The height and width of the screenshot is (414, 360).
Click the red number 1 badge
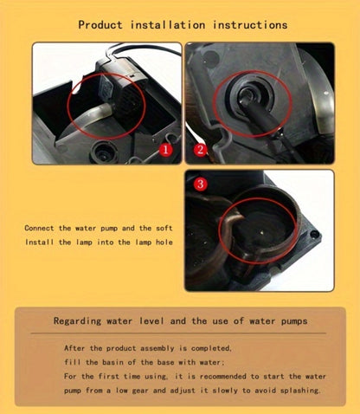(165, 150)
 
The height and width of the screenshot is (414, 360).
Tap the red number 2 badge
(200, 150)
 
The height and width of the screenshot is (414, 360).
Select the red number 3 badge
(201, 184)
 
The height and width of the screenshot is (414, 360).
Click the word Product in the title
(100, 25)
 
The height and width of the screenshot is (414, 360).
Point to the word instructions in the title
(250, 25)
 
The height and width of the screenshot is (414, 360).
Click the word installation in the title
(168, 25)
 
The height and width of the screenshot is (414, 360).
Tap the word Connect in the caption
(39, 228)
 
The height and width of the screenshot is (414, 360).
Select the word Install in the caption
(39, 242)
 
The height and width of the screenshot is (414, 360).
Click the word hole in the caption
(164, 242)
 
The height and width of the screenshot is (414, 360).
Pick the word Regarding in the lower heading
(77, 321)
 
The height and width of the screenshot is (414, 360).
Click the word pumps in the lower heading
(294, 321)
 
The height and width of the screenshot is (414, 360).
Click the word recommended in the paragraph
(223, 377)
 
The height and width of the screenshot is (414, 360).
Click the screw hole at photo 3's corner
(315, 235)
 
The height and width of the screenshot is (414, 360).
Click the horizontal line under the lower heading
(178, 333)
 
